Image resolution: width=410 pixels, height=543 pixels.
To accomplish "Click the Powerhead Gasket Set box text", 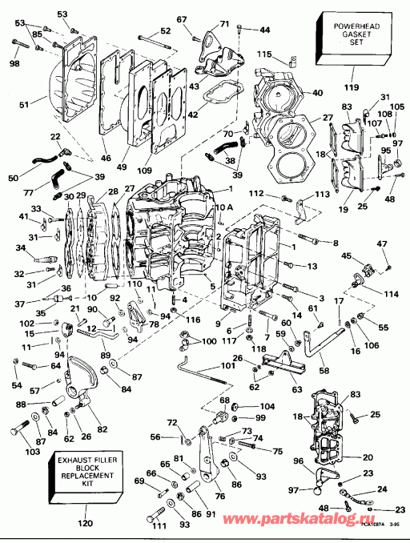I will [352, 36].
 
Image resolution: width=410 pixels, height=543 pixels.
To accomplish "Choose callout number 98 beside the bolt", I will [14, 63].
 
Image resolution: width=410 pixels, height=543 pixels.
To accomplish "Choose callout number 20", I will [368, 457].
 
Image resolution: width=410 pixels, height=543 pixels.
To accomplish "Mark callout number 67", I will [181, 19].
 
